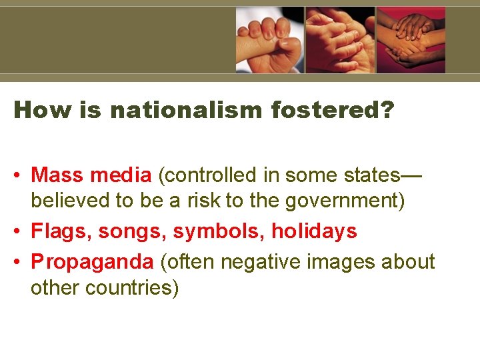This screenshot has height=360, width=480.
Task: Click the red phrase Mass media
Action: pos(91,175)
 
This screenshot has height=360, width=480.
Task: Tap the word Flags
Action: pos(61,231)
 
